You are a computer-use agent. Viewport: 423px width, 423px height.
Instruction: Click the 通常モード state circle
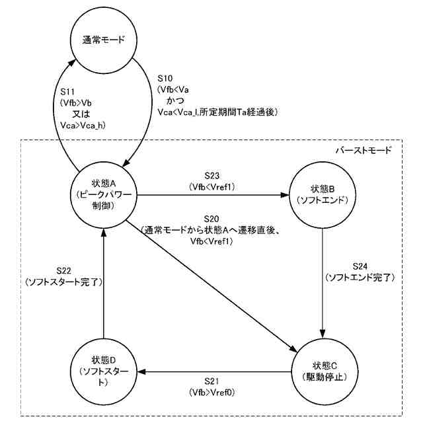click(104, 40)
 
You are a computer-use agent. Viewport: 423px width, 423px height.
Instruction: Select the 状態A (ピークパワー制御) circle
click(104, 196)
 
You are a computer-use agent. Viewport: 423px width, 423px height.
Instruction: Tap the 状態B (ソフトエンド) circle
click(322, 196)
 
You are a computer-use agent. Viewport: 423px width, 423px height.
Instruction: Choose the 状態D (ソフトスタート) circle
click(104, 371)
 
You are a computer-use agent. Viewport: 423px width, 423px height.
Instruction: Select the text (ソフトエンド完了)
click(360, 278)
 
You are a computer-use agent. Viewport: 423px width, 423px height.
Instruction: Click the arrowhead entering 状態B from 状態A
click(285, 196)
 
